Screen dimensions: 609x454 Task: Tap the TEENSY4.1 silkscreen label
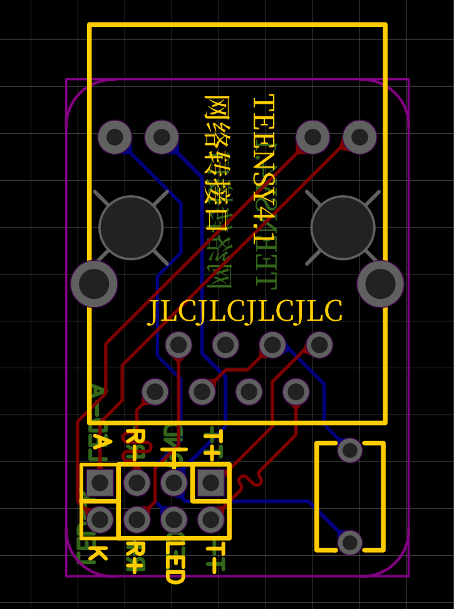(264, 169)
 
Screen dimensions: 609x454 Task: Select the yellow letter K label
(98, 553)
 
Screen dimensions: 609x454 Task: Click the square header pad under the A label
(100, 483)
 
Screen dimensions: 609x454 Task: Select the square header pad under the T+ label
(211, 483)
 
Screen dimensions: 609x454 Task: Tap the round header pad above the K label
(100, 520)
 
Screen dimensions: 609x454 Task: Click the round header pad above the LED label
(174, 520)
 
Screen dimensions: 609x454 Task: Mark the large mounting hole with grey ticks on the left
(131, 228)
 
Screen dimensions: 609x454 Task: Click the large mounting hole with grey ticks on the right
(343, 228)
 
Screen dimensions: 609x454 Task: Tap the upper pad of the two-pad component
(350, 450)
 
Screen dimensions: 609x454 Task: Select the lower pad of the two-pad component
(350, 542)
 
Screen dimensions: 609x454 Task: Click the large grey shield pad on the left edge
(94, 283)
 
